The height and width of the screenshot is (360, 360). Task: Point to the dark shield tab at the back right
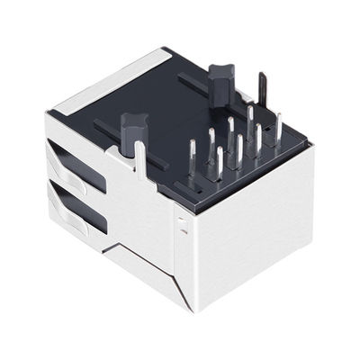pyautogui.click(x=262, y=91)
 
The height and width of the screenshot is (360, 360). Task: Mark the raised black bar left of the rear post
pyautogui.click(x=192, y=90)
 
